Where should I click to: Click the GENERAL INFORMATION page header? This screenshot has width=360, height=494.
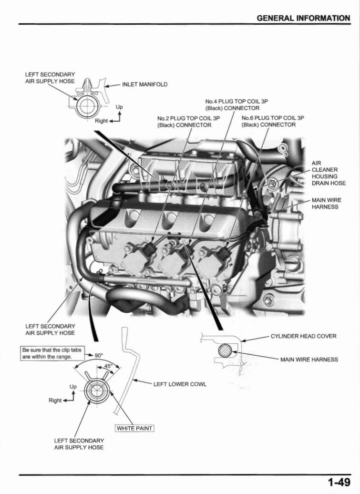(x=303, y=18)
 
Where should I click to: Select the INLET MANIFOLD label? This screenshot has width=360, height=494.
(x=145, y=84)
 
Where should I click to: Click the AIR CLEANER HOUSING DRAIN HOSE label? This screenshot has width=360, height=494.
(x=329, y=173)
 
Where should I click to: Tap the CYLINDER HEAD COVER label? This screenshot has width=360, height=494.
(x=303, y=336)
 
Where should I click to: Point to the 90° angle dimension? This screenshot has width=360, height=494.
(x=99, y=355)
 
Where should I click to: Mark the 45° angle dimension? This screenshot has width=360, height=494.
(x=109, y=366)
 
